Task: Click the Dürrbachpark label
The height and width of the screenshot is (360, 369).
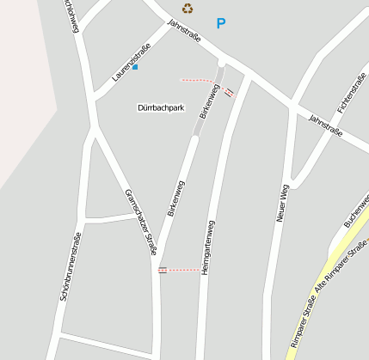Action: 162,108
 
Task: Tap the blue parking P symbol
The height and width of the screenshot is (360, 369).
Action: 221,24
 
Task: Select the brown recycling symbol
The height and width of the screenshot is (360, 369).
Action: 188,9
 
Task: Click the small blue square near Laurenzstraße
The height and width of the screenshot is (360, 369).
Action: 135,66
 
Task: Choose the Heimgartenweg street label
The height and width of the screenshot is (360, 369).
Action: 207,247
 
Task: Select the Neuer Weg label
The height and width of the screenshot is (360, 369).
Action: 280,204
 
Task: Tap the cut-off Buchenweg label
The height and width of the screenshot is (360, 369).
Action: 357,211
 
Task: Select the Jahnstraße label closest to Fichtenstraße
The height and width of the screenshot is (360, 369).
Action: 325,125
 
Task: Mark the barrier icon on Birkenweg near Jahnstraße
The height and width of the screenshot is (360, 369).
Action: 229,92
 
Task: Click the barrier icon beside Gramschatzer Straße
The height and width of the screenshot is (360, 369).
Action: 163,270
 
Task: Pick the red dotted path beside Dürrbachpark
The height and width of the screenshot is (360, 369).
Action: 200,82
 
